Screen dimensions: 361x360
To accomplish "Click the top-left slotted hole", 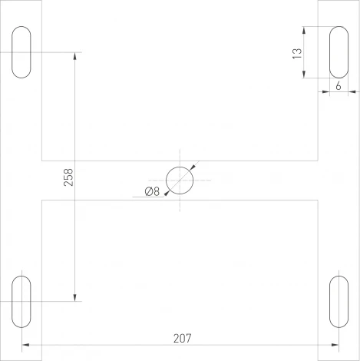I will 22,52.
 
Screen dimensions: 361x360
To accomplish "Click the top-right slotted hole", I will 338,52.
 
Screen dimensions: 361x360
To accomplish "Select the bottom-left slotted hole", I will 22,300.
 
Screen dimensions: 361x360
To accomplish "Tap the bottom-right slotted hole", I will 338,300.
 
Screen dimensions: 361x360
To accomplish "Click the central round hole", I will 180,180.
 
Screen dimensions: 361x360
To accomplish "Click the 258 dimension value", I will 68,177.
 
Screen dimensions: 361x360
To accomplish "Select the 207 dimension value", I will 181,337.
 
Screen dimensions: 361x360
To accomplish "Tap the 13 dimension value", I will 297,52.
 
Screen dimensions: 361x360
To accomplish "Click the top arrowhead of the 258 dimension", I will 74,56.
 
